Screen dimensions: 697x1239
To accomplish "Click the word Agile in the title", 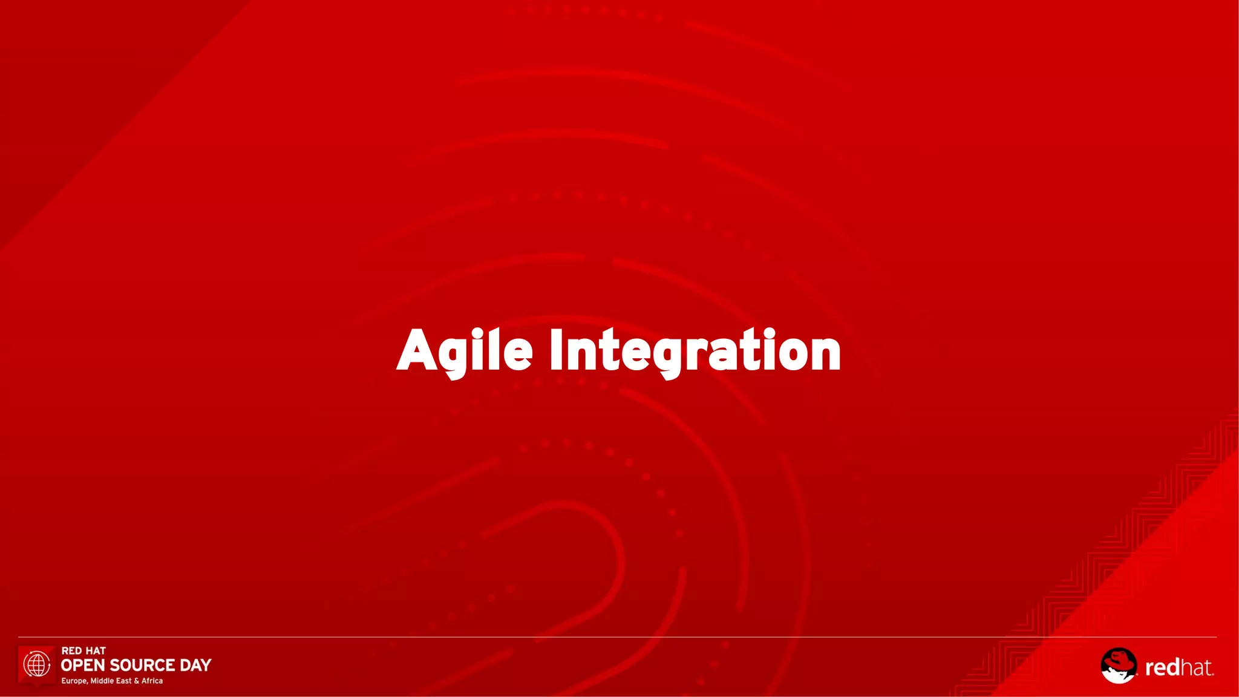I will pyautogui.click(x=465, y=351).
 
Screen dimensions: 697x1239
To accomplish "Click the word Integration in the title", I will pyautogui.click(x=695, y=351).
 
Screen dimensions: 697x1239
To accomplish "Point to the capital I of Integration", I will pyautogui.click(x=556, y=350).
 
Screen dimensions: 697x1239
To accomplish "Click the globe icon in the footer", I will pyautogui.click(x=37, y=664).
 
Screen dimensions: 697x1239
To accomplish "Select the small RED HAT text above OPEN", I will pyautogui.click(x=83, y=650).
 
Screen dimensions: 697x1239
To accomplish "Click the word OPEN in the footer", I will pyautogui.click(x=83, y=666).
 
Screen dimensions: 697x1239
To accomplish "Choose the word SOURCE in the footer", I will pyautogui.click(x=142, y=666).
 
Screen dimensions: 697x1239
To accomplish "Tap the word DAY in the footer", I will pyautogui.click(x=195, y=666).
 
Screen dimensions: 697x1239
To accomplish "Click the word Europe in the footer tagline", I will pyautogui.click(x=74, y=681).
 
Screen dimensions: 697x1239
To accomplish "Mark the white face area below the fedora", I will pyautogui.click(x=1118, y=675).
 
